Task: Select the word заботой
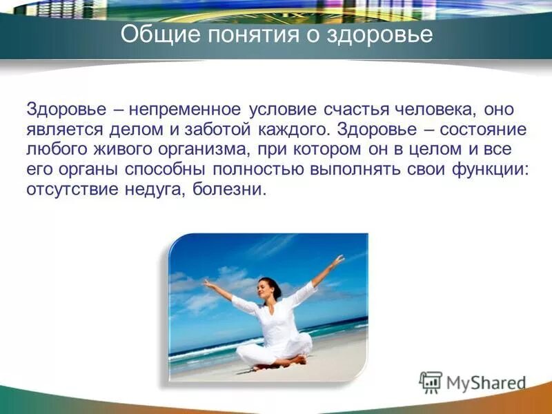216,130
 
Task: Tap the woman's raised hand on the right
337,261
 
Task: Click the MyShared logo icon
431,382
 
